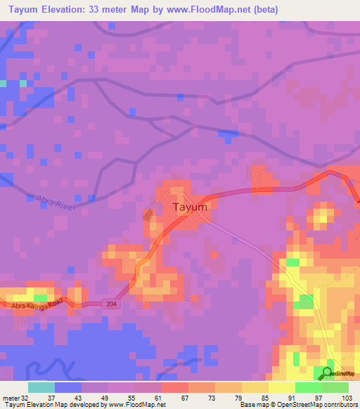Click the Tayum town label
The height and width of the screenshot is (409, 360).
click(190, 207)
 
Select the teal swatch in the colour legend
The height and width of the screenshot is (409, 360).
click(41, 387)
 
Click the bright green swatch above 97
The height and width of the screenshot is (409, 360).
click(308, 387)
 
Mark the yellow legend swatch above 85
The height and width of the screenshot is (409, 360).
click(255, 387)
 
